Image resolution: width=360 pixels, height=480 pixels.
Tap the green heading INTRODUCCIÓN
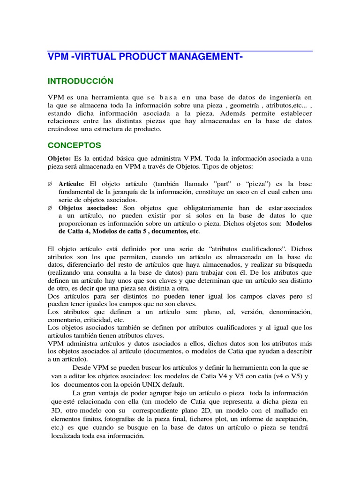[x=81, y=81]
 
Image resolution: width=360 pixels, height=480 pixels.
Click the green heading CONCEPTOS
[x=75, y=145]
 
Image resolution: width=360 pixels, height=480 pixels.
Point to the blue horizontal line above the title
[x=180, y=51]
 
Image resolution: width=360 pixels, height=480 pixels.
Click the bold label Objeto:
[x=60, y=158]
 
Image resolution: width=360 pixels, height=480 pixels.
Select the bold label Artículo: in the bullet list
[x=72, y=183]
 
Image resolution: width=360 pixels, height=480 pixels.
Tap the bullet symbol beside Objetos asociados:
[x=50, y=208]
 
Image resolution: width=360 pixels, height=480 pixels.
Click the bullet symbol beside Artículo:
[x=50, y=183]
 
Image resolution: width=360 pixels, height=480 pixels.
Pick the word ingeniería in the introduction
[x=284, y=97]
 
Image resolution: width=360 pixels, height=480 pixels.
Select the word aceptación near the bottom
[x=290, y=419]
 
